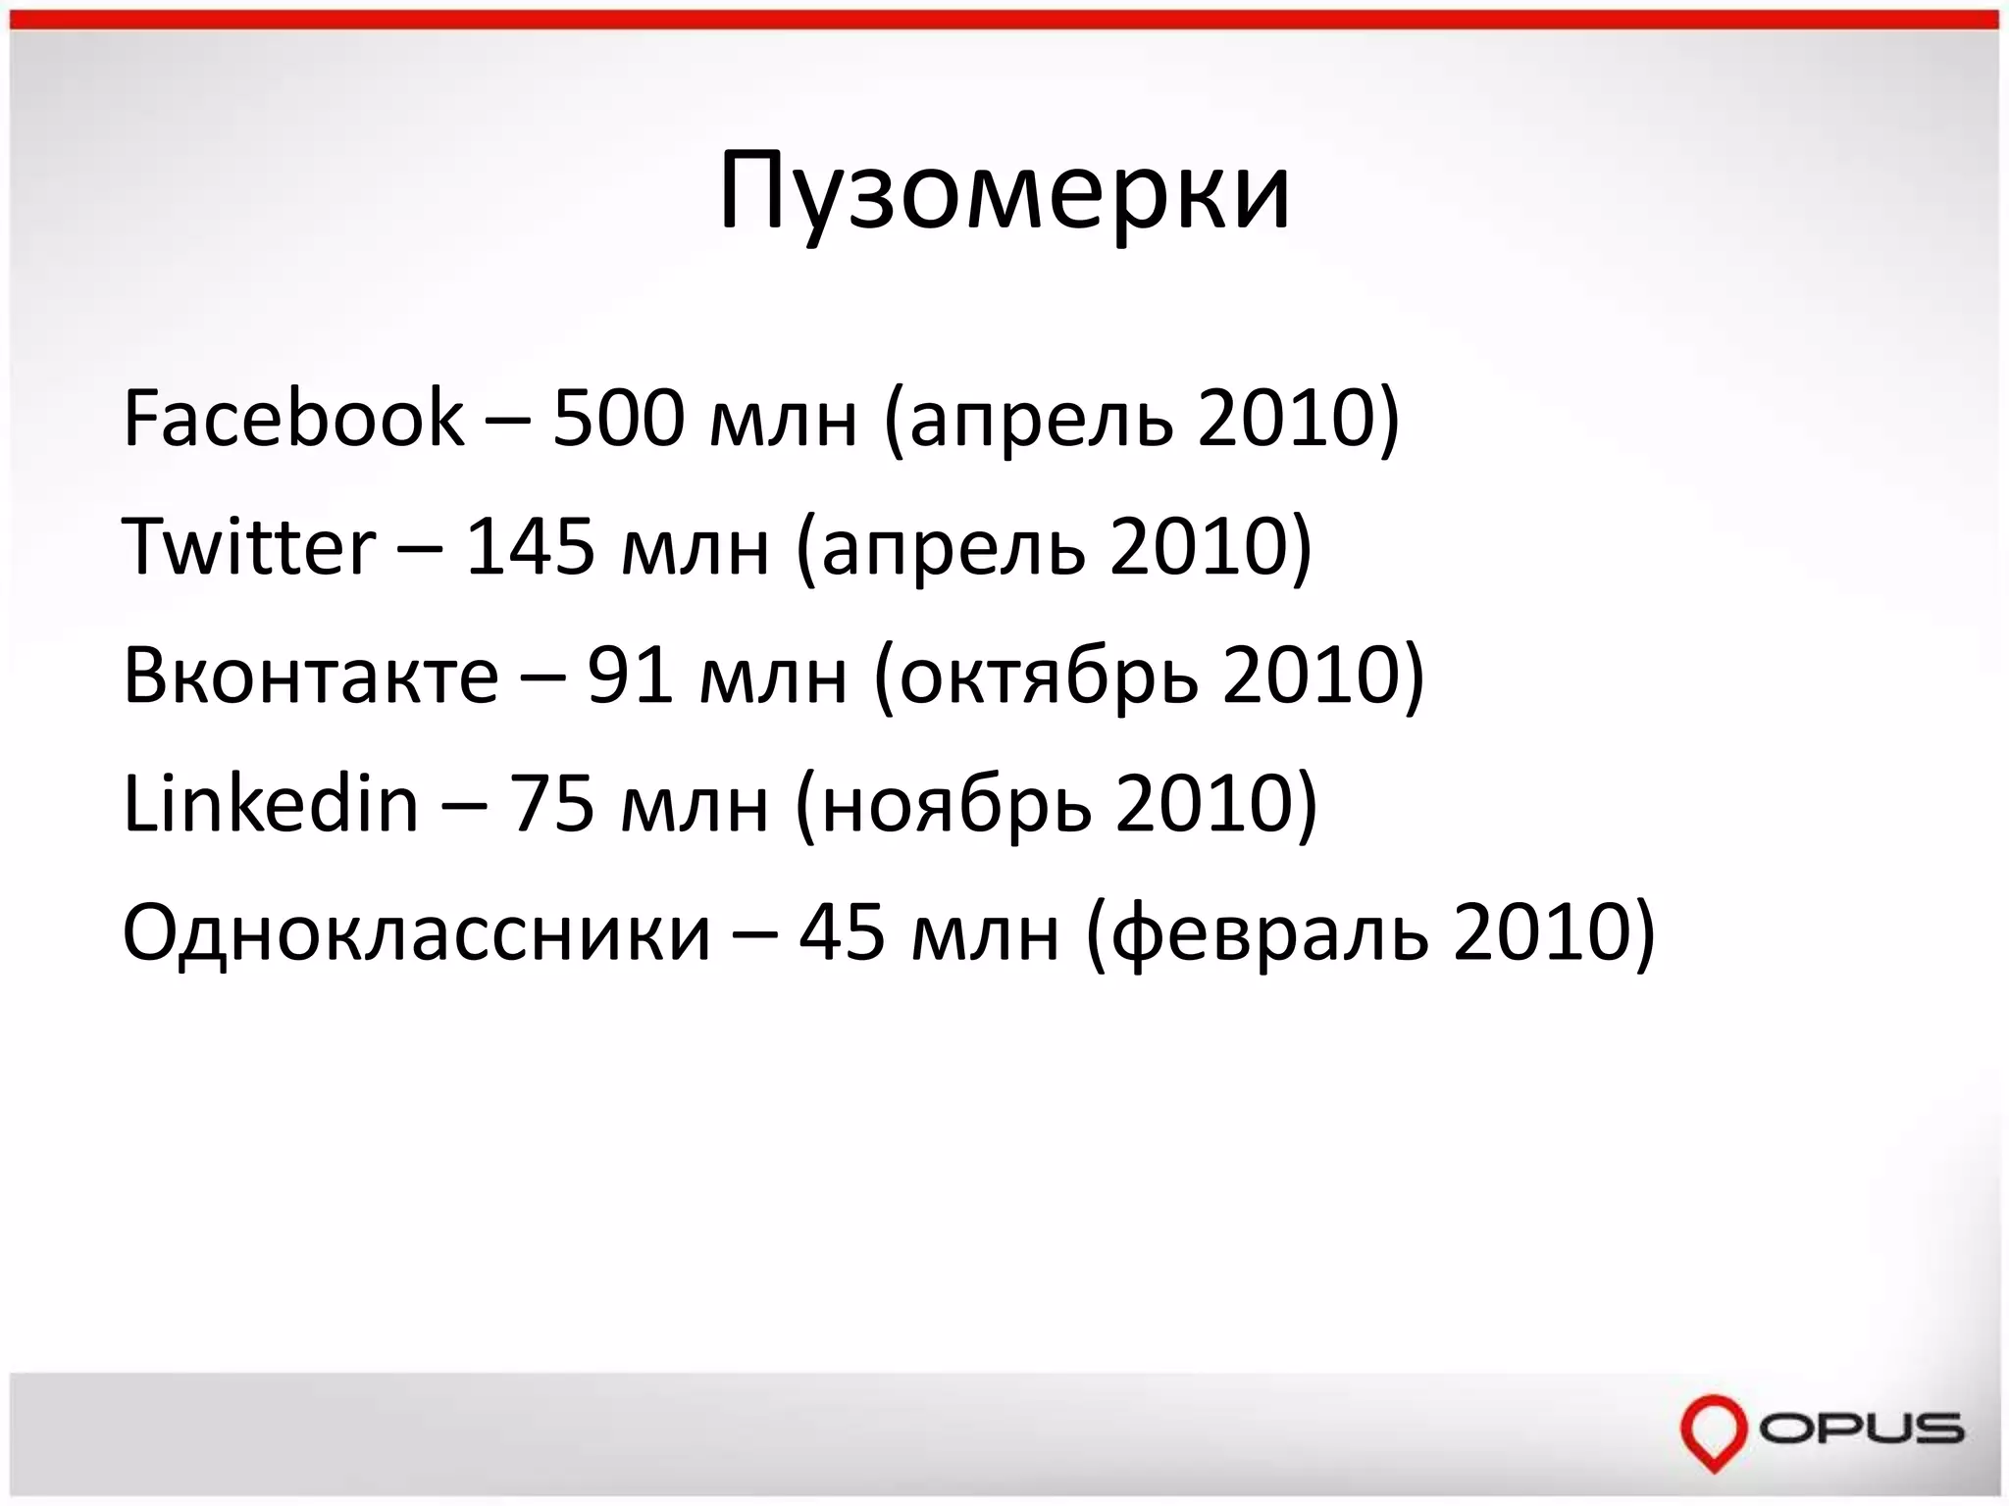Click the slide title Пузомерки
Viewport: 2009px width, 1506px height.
tap(1004, 192)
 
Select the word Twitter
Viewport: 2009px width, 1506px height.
tap(248, 546)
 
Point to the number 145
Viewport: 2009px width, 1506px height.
tap(530, 546)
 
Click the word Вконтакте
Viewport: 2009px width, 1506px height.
tap(310, 676)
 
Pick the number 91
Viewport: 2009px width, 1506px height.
tap(630, 676)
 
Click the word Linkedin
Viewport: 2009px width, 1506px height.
tap(270, 804)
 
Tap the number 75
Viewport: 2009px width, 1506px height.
tap(552, 804)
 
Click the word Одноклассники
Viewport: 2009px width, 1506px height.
tap(416, 932)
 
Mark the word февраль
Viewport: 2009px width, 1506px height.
tap(1270, 934)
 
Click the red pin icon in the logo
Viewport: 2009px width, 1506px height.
tap(1713, 1431)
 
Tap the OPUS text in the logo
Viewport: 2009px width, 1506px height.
tap(1860, 1429)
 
